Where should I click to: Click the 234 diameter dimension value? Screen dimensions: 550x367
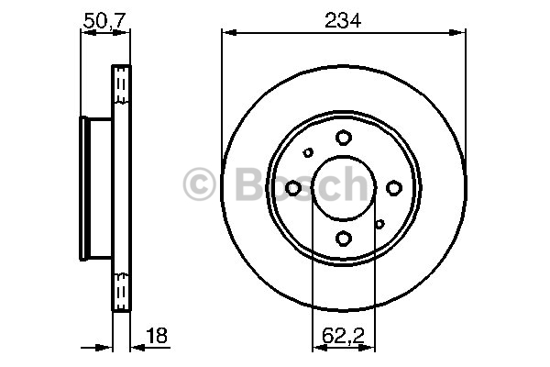343,20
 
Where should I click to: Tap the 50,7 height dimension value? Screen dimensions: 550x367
104,21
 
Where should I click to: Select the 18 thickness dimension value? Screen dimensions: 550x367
157,336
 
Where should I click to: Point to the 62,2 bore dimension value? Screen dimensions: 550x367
344,336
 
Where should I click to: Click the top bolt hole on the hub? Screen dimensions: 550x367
344,138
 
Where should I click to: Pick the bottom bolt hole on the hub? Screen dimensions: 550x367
344,239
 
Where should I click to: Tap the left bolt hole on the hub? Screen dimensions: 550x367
293,188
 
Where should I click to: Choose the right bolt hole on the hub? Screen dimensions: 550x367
394,188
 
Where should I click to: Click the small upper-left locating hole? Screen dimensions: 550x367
308,153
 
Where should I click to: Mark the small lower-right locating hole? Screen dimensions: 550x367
379,224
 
